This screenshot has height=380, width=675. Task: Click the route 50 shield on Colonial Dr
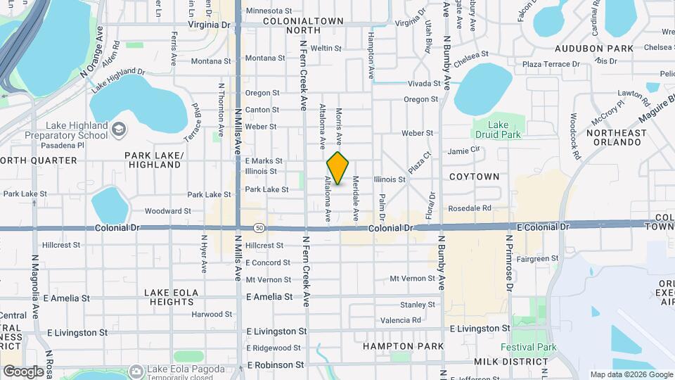pyautogui.click(x=260, y=228)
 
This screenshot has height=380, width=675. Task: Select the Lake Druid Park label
pyautogui.click(x=498, y=129)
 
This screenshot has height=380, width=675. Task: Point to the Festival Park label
pyautogui.click(x=528, y=347)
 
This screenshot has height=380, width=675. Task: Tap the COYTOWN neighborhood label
pyautogui.click(x=474, y=177)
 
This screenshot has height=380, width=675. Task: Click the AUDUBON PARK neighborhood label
pyautogui.click(x=594, y=49)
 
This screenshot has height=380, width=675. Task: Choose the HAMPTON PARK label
pyautogui.click(x=403, y=346)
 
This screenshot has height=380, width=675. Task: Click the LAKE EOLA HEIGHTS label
pyautogui.click(x=172, y=296)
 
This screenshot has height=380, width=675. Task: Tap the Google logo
pyautogui.click(x=23, y=371)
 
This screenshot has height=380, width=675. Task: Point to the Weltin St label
pyautogui.click(x=326, y=49)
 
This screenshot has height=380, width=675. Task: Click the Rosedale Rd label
pyautogui.click(x=470, y=208)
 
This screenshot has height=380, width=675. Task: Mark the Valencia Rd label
pyautogui.click(x=400, y=319)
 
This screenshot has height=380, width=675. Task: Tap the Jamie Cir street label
pyautogui.click(x=463, y=150)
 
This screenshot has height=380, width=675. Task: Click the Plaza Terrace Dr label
pyautogui.click(x=551, y=64)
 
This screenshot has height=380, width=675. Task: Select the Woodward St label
pyautogui.click(x=167, y=210)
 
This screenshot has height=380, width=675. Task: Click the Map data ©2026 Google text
pyautogui.click(x=631, y=374)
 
